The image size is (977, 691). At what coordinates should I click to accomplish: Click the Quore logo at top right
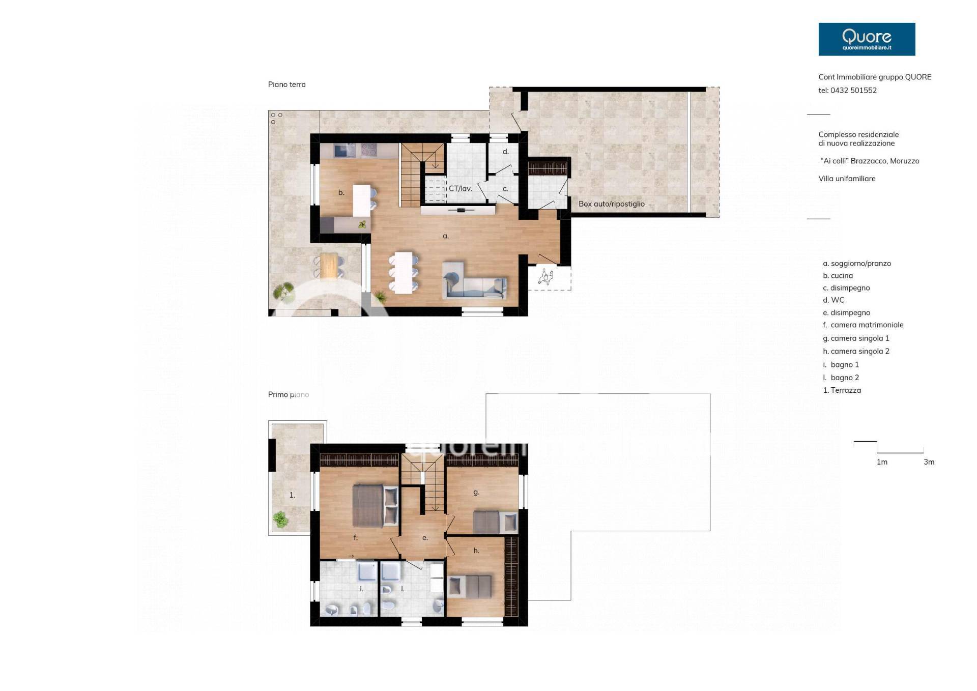click(x=867, y=39)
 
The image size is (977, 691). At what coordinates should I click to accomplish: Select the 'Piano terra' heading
click(x=287, y=84)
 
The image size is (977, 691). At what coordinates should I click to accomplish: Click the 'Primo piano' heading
click(x=289, y=394)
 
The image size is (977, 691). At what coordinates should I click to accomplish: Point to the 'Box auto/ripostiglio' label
click(x=612, y=204)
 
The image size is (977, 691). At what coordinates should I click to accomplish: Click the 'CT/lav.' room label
click(x=461, y=188)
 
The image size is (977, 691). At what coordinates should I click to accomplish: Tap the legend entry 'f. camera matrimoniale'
click(x=863, y=325)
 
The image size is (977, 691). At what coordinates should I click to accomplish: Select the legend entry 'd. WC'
click(x=834, y=300)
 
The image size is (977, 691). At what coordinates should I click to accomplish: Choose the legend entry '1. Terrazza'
click(x=842, y=390)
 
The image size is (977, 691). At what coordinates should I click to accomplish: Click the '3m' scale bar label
click(x=929, y=462)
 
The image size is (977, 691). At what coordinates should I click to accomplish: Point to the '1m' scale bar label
click(x=882, y=462)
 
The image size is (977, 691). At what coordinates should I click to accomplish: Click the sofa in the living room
click(x=475, y=280)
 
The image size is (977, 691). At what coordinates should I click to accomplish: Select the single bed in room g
click(x=495, y=523)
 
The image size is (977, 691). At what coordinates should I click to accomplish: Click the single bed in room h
click(x=470, y=586)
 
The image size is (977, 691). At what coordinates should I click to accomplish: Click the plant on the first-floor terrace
click(x=280, y=520)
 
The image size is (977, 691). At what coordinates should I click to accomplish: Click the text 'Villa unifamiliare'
click(x=847, y=179)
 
